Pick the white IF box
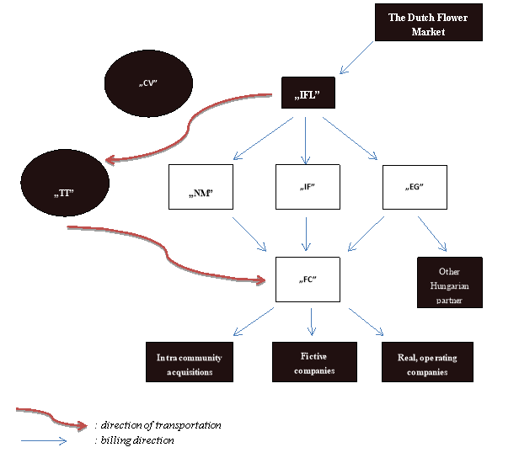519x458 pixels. pos(307,189)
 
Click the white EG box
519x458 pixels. pos(415,189)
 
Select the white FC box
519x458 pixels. pos(308,280)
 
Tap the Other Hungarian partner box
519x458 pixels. pos(449,281)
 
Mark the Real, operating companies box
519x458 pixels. pos(427,363)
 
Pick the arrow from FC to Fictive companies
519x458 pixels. pos(312,321)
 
